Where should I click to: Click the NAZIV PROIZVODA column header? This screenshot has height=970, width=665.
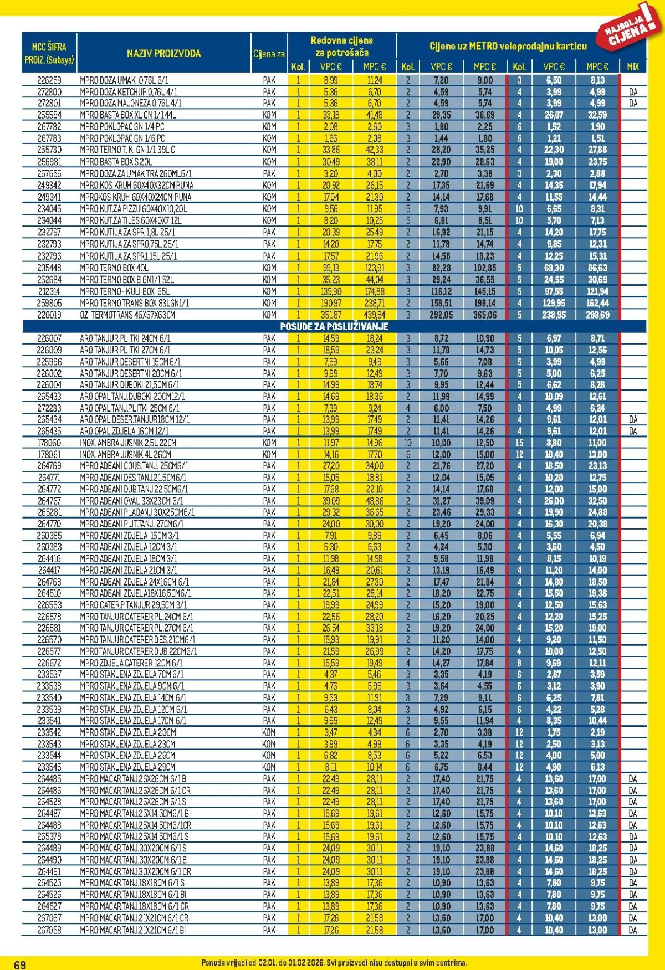163,54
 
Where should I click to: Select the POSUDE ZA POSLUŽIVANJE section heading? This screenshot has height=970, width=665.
334,326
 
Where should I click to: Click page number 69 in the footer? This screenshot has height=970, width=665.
20,964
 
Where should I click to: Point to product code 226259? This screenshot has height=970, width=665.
49,80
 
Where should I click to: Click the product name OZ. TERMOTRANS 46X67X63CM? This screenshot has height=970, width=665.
127,315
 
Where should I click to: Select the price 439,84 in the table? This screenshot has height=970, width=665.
374,315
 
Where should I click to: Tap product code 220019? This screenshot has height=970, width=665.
49,315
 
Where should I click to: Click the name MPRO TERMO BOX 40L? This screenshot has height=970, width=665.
114,268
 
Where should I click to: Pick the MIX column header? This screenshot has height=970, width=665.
633,66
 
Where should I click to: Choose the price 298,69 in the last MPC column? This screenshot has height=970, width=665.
597,315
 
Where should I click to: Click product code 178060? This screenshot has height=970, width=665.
49,443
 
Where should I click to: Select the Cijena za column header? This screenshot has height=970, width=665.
269,54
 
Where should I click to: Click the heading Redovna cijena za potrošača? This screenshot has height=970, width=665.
341,47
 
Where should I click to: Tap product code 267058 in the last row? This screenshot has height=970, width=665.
49,930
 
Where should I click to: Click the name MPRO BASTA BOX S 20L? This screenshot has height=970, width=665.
115,162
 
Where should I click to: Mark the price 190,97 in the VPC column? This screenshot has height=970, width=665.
331,303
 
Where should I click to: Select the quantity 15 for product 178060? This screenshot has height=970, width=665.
519,443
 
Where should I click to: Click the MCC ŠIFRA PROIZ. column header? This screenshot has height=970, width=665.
49,54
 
